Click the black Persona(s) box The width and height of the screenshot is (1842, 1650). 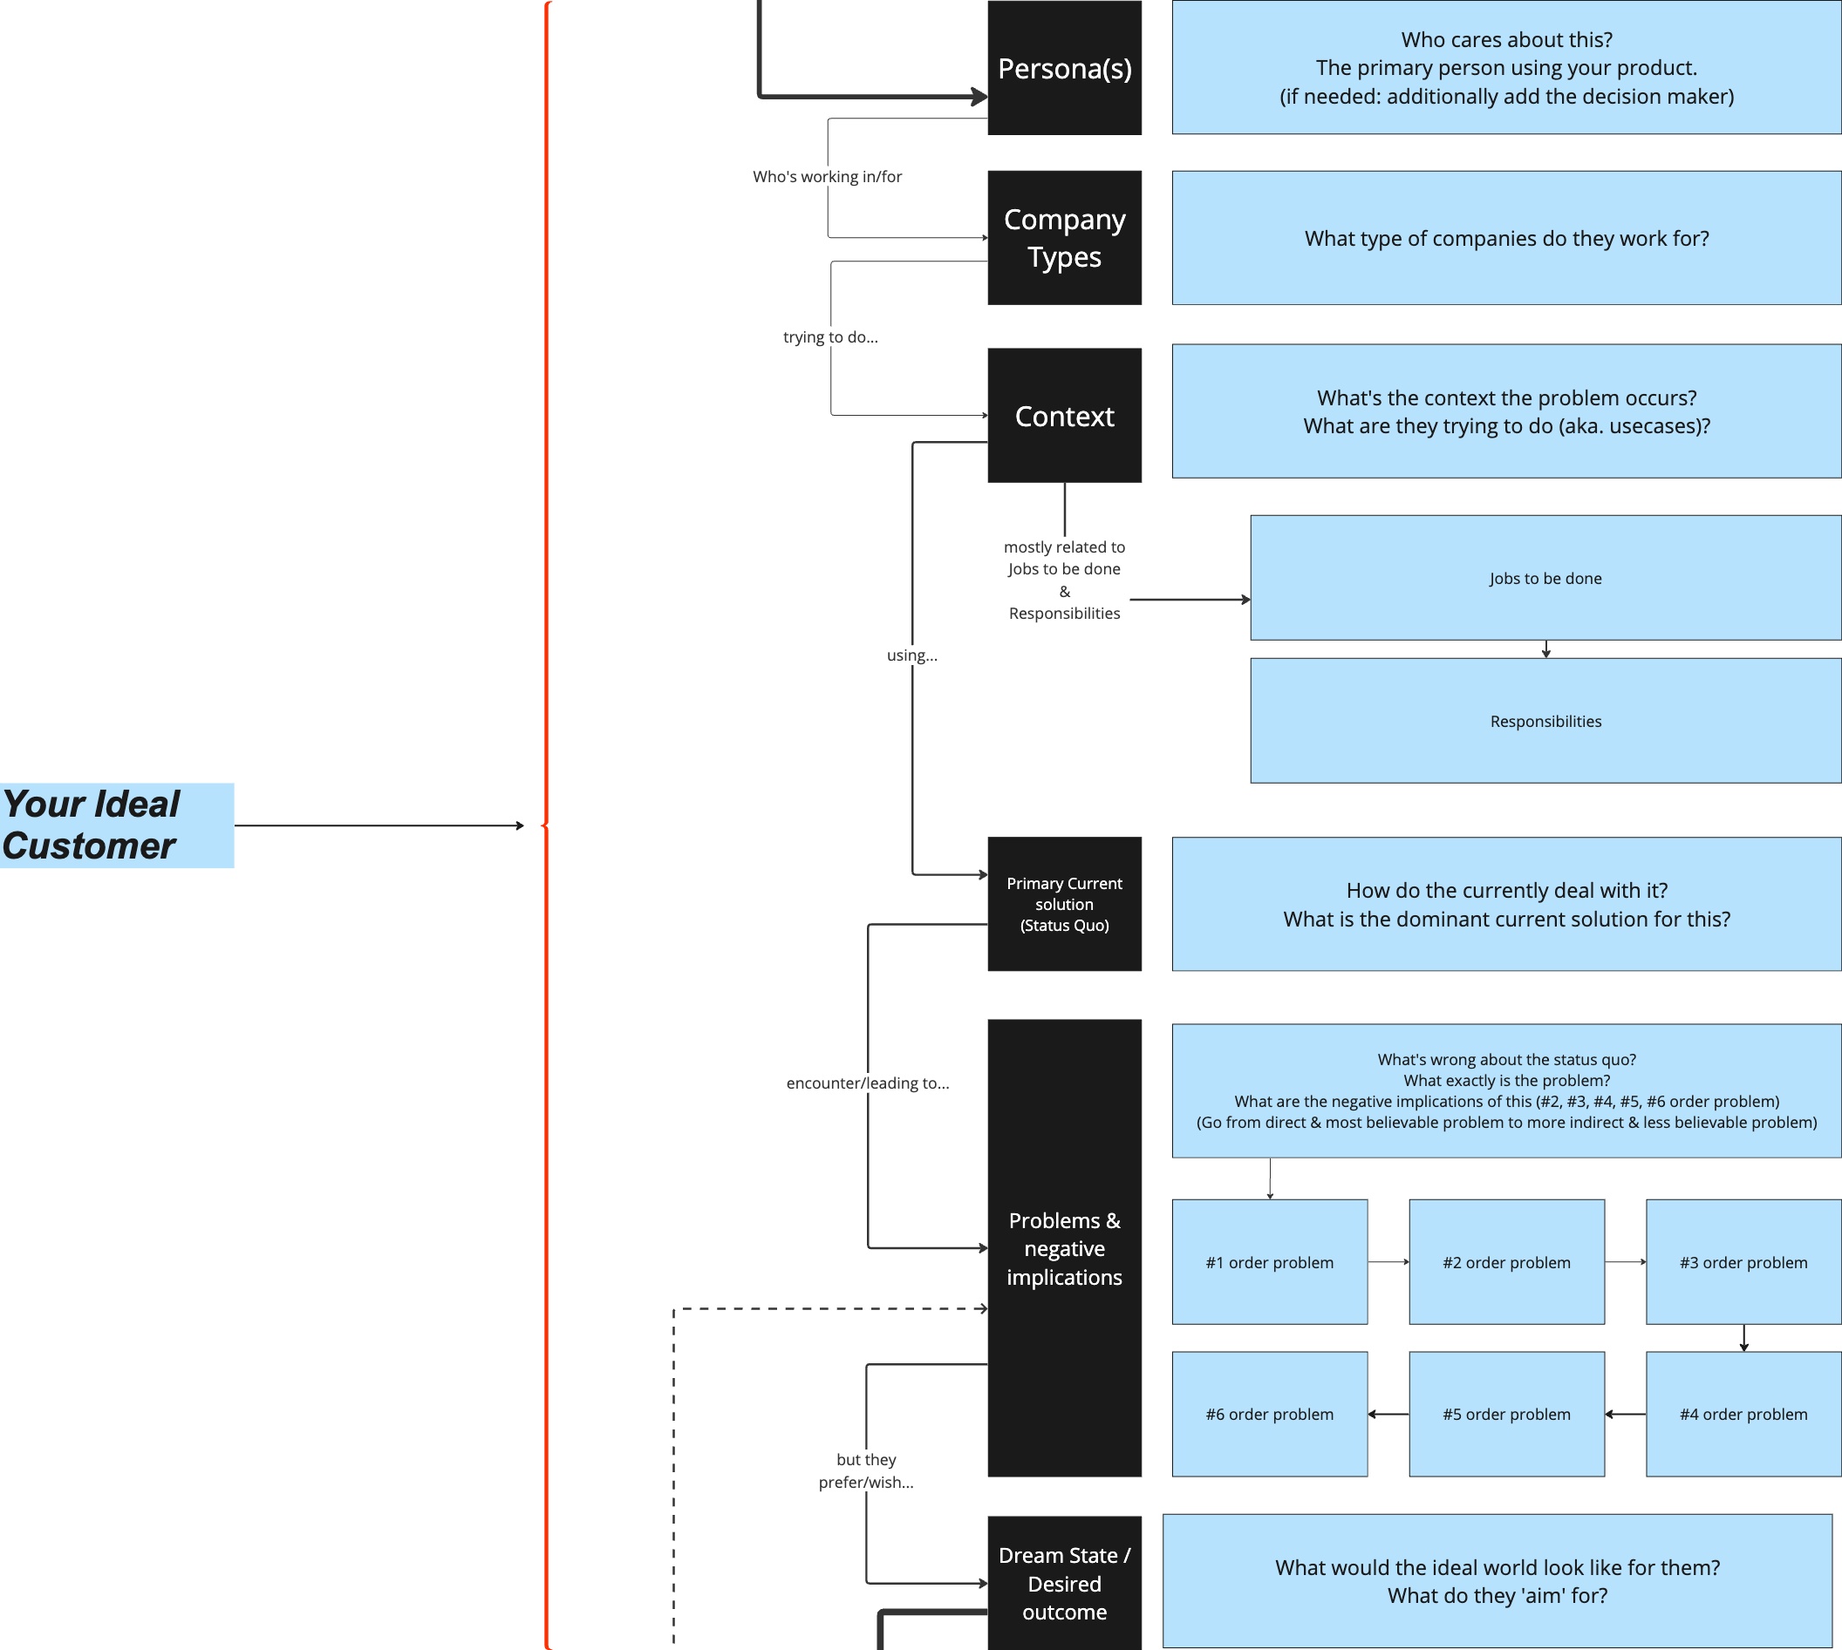(1064, 68)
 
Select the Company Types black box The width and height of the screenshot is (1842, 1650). (1064, 238)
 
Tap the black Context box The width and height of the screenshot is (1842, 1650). (1064, 415)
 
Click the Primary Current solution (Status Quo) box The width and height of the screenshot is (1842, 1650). (1064, 904)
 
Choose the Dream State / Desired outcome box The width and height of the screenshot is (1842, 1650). (1064, 1583)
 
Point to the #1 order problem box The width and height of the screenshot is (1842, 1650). (1269, 1262)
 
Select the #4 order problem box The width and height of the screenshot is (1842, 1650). (1743, 1414)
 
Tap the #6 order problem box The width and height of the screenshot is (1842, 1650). (1269, 1414)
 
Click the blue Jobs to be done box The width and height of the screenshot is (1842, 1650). (1545, 578)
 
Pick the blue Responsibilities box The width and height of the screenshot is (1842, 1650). (1545, 721)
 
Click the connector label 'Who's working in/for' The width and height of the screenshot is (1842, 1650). (827, 177)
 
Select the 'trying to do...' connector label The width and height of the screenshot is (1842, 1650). (829, 337)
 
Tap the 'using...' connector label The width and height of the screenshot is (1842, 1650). (911, 655)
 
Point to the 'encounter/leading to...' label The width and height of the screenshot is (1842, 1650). (867, 1083)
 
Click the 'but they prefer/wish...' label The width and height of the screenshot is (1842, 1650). (865, 1470)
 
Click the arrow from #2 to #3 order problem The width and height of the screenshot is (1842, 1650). (1624, 1262)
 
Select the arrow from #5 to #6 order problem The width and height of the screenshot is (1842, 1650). (1388, 1415)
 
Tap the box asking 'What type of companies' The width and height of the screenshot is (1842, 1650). (1505, 238)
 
